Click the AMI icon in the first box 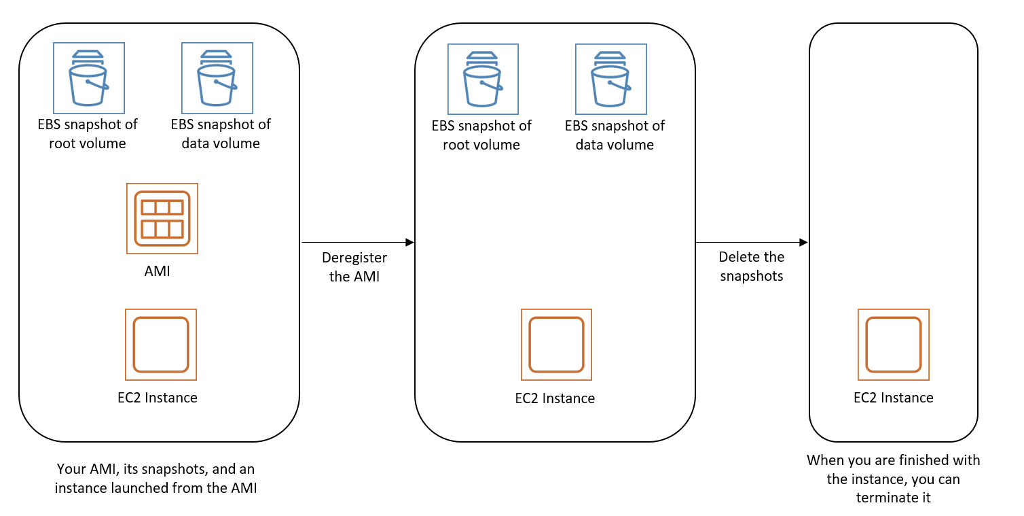[162, 218]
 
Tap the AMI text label [158, 271]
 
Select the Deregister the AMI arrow [357, 242]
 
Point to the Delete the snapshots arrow [751, 242]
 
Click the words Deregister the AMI [354, 267]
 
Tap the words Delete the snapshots [751, 266]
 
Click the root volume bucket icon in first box [89, 78]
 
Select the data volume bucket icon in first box [217, 78]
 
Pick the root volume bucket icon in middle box [483, 79]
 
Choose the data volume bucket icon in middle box [610, 79]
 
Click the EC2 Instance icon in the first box [161, 345]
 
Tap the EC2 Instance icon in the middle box [556, 345]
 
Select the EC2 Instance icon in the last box [893, 345]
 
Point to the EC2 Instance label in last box [893, 398]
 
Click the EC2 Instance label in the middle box [555, 398]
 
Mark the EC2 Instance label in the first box [158, 398]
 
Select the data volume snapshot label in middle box [615, 135]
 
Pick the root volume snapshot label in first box [88, 134]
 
